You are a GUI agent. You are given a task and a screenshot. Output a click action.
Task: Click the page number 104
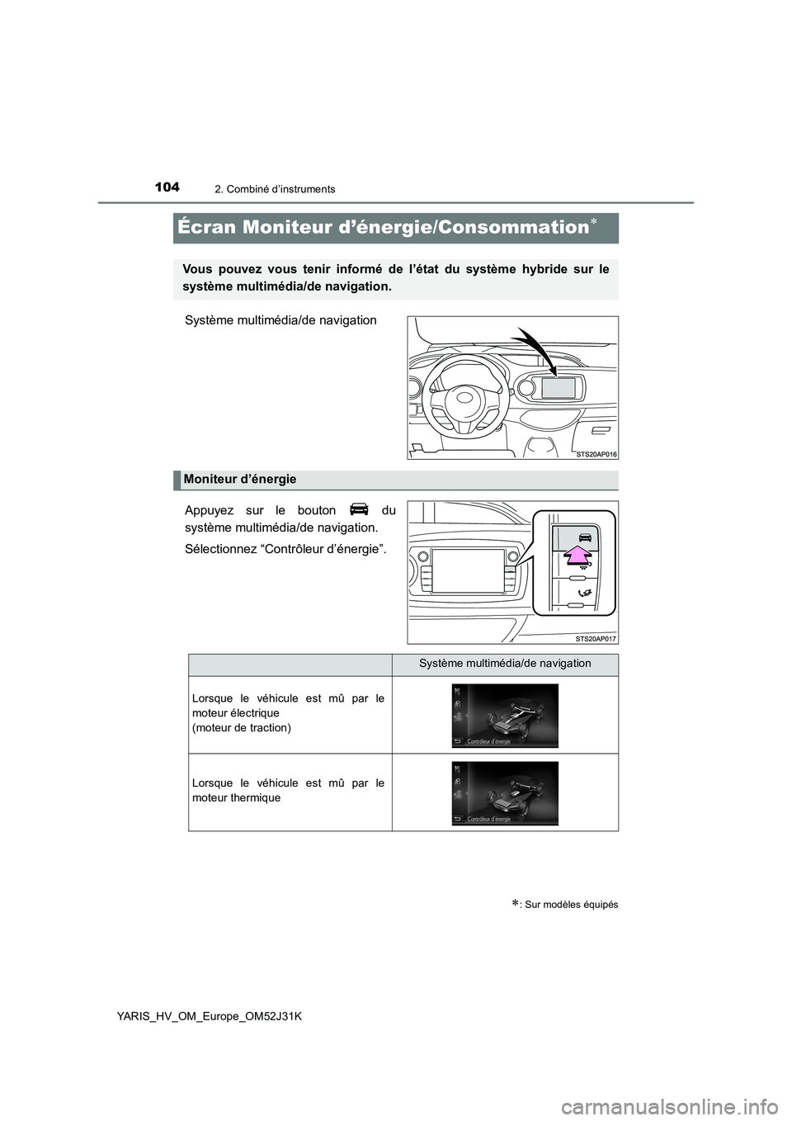166,187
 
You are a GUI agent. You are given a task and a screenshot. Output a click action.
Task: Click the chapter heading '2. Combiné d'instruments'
280,189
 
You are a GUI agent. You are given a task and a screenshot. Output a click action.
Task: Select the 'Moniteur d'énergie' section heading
240,480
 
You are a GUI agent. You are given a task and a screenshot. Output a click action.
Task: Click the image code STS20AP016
596,454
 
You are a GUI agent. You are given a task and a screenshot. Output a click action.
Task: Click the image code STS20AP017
596,638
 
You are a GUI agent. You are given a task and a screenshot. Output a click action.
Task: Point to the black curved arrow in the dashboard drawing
536,350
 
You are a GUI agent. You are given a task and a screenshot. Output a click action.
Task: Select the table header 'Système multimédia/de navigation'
505,664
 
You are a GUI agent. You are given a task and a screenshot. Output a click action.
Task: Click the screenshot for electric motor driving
505,715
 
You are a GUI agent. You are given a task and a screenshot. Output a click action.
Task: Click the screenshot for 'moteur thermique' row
505,792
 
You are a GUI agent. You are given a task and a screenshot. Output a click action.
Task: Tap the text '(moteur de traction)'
241,727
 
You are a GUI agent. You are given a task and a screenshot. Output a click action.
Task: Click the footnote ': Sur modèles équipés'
568,904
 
